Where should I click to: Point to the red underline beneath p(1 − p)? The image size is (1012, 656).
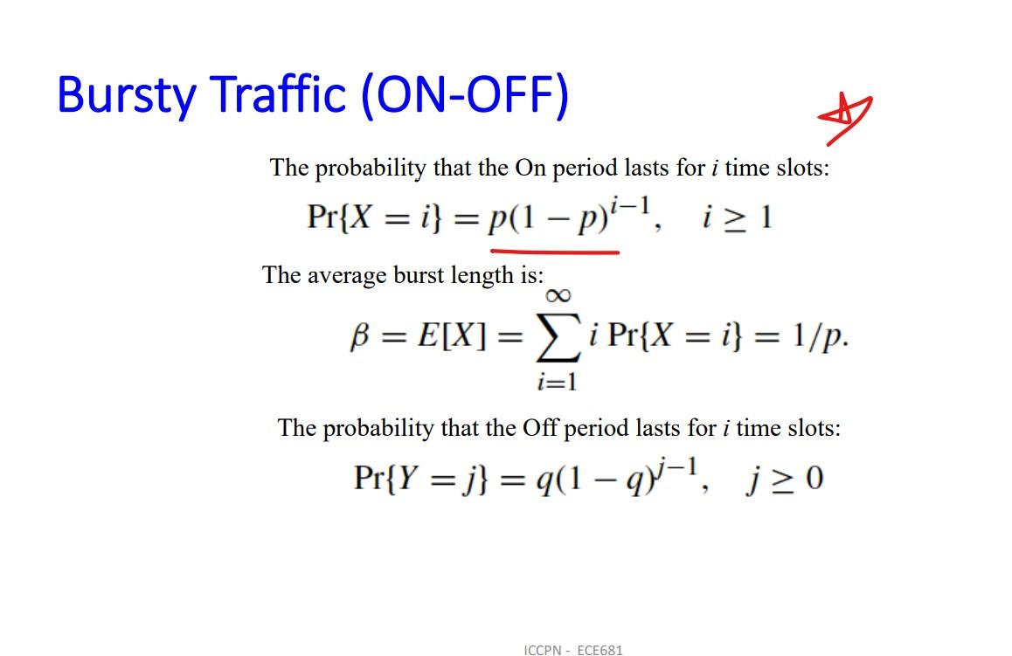point(555,252)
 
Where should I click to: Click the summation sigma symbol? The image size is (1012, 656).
point(557,339)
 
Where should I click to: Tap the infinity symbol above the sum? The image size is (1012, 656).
point(557,296)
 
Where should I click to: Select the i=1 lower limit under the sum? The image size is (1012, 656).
point(557,382)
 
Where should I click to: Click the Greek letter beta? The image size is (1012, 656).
point(358,337)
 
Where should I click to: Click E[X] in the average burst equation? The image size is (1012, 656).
point(451,337)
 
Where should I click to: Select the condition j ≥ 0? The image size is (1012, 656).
point(784,480)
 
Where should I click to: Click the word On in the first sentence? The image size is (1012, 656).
point(530,168)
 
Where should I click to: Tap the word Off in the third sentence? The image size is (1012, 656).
point(540,428)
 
